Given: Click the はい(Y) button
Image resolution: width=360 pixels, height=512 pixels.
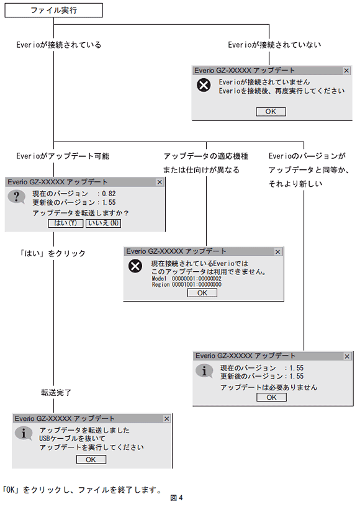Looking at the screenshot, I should pos(65,223).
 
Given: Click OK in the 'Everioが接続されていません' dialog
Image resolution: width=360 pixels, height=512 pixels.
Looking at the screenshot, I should pos(271,112).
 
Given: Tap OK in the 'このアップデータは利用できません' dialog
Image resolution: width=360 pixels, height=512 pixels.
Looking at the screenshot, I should pos(202,293).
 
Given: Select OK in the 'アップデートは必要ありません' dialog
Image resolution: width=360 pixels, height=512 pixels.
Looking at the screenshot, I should pos(272,397).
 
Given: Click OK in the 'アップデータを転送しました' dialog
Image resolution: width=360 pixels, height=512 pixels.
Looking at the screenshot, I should pos(91,460).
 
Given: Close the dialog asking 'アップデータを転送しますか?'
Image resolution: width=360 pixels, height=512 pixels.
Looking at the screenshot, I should pos(159,182).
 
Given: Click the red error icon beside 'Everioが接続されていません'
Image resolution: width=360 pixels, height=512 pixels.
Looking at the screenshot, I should pos(204,86).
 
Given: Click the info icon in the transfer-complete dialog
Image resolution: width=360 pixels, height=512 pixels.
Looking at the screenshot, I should pos(24,433).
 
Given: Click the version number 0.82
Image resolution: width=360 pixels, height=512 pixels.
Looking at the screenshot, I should pos(109,194).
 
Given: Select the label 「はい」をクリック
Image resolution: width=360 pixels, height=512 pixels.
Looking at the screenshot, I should pos(52,253).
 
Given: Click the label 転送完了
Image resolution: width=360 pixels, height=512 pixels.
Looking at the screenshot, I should pos(56,392).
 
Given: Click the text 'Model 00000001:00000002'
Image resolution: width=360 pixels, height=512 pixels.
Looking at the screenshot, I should pos(186,279).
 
